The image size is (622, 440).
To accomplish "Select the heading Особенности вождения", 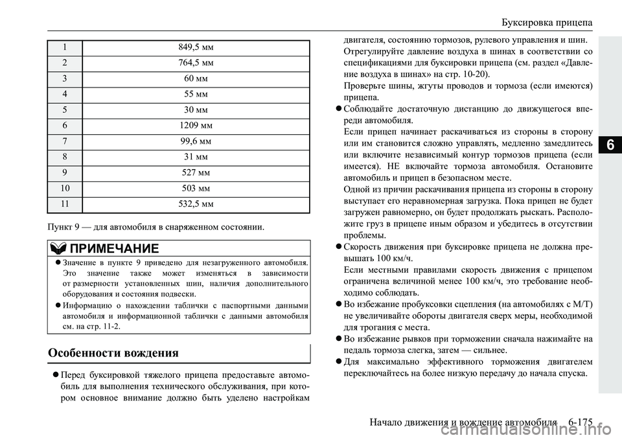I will [114, 353].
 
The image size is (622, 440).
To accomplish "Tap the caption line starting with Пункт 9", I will [155, 227].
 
